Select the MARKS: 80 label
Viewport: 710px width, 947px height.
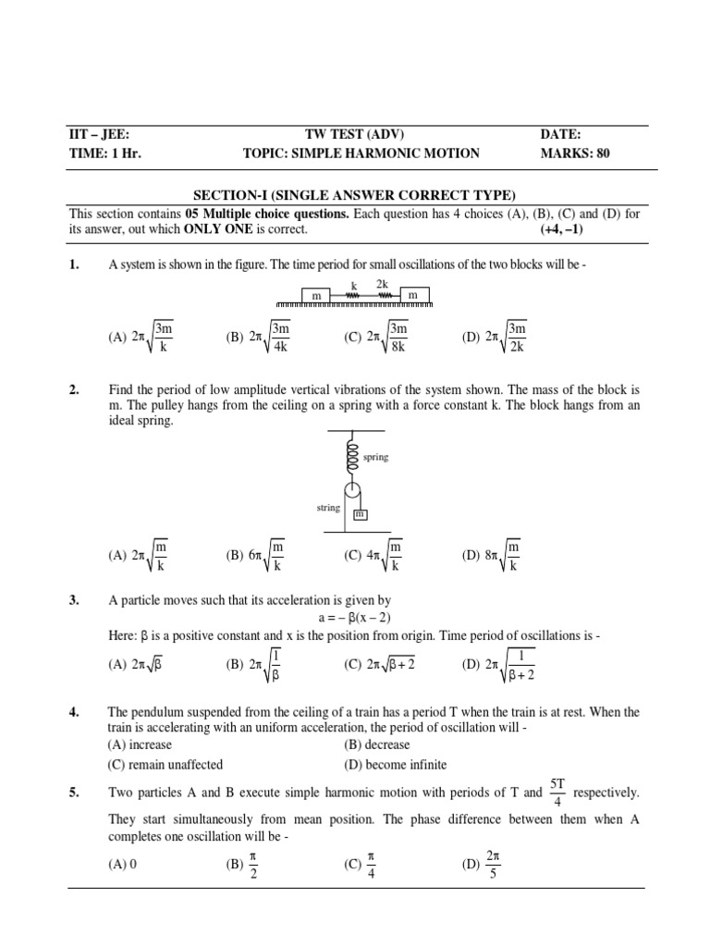(x=575, y=154)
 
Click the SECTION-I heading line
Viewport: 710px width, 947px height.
(x=354, y=194)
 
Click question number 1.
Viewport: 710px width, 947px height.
(x=76, y=265)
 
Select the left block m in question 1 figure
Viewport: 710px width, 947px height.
(x=315, y=294)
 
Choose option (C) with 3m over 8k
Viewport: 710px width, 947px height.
(x=375, y=338)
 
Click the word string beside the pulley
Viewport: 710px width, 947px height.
(x=328, y=507)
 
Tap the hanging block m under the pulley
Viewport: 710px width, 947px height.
(x=360, y=513)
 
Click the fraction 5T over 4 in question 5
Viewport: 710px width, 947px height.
(x=557, y=792)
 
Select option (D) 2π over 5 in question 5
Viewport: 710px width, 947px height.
(x=483, y=866)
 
